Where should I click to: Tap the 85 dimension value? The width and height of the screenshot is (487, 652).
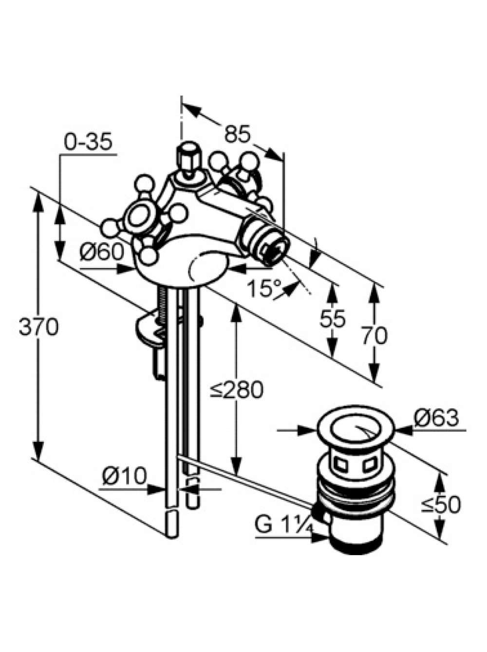coord(238,134)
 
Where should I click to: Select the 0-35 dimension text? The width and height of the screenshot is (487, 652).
coord(88,142)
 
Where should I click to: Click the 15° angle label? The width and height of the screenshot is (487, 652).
coord(264,289)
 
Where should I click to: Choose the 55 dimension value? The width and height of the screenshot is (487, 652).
coord(333,319)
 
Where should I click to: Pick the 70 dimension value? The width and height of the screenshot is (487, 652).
coord(375,335)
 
